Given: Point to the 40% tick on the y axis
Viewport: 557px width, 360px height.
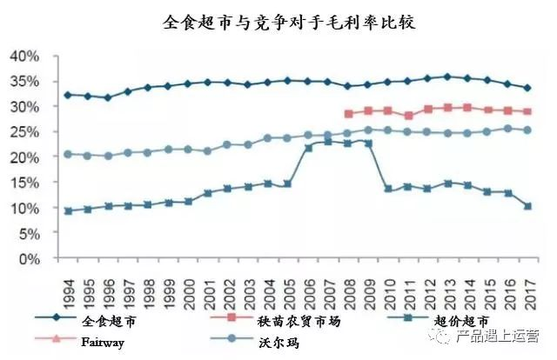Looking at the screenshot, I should coord(23,56).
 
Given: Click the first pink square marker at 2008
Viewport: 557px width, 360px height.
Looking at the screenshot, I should coord(349,114).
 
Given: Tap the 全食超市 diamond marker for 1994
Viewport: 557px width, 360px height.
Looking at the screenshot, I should coord(68,95).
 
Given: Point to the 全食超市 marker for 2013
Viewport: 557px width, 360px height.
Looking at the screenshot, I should coord(448,77).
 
